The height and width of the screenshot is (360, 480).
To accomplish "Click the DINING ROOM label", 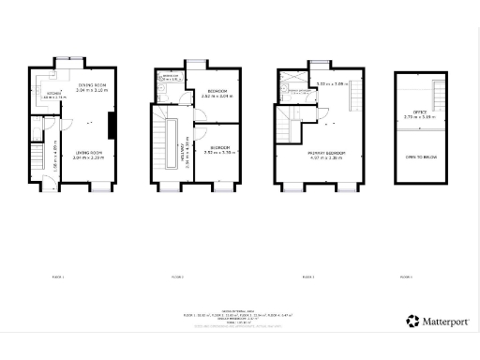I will click(x=92, y=86).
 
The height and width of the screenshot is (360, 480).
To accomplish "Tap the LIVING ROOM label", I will click(x=89, y=152).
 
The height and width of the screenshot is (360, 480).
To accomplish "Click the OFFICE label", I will click(x=419, y=112).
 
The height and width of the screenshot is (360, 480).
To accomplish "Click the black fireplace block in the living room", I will click(x=112, y=125).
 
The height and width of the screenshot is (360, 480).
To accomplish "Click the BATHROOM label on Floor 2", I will click(x=170, y=77).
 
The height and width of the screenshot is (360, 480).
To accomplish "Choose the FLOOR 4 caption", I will click(x=405, y=277).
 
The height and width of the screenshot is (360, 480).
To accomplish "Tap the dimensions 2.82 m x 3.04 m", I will click(x=216, y=97).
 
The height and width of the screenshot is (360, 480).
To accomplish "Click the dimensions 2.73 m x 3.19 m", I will click(x=419, y=118).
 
